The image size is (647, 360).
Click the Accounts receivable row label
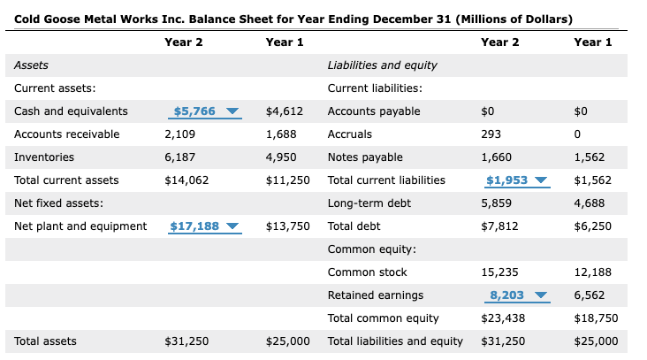[x=67, y=134]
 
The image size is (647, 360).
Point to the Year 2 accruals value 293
[x=490, y=134]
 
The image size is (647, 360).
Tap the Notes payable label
[x=365, y=157]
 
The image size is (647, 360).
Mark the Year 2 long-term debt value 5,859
[x=496, y=203]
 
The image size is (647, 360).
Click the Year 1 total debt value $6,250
[x=592, y=226]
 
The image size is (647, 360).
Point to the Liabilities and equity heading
[x=382, y=65]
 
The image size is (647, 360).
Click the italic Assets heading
[x=32, y=65]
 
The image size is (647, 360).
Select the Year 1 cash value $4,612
[x=285, y=111]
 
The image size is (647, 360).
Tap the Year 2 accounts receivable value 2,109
[x=180, y=134]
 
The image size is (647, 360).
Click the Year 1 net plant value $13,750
[x=287, y=226]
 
